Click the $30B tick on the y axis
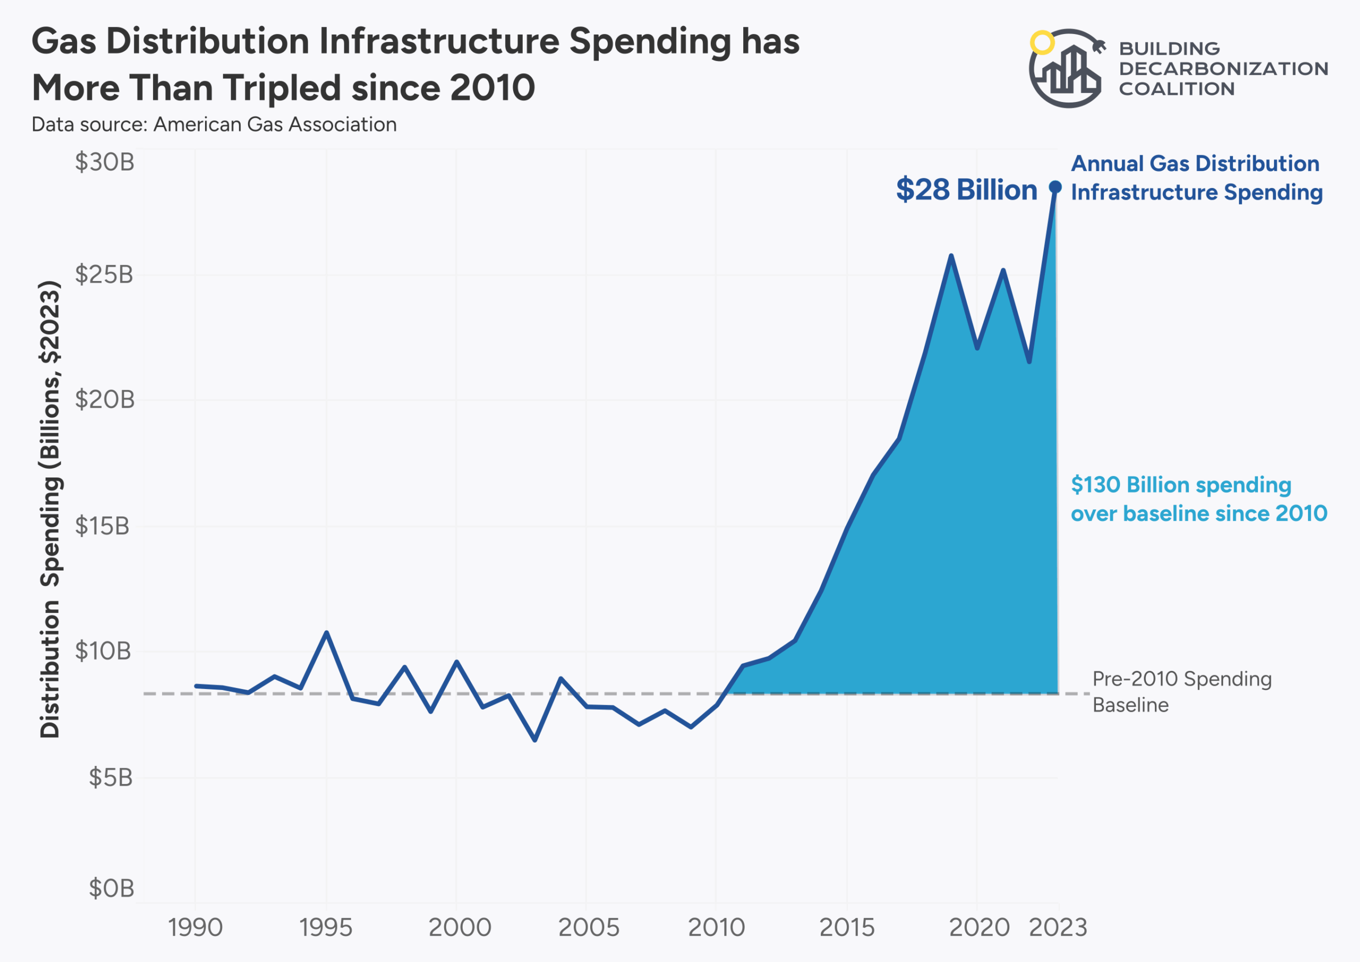(104, 163)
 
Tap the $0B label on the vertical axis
(112, 889)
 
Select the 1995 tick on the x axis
(326, 927)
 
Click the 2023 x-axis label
(1058, 927)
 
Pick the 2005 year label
(588, 927)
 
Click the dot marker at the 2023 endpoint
(1056, 187)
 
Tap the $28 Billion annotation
(967, 190)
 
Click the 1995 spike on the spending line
(326, 633)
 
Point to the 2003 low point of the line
(535, 740)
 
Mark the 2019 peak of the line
(951, 256)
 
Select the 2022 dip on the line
(1030, 361)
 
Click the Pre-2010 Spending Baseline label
(1181, 691)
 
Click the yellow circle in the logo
(1042, 42)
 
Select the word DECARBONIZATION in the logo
(1223, 69)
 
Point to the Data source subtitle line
(214, 124)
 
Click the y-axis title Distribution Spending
(50, 509)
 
